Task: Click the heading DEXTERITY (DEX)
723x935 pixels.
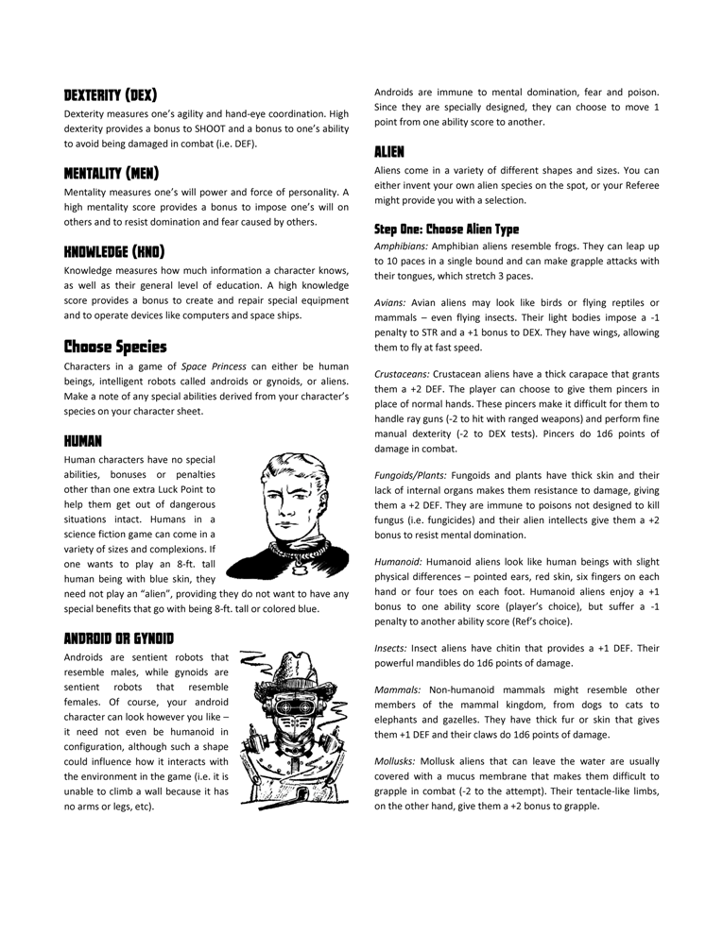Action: [110, 94]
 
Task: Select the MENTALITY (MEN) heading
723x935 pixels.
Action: [112, 173]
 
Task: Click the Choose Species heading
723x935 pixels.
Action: [115, 346]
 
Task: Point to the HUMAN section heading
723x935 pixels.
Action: [83, 441]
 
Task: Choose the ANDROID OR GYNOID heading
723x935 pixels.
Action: [118, 637]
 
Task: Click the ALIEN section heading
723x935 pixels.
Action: [390, 151]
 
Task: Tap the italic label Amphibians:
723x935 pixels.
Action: [401, 246]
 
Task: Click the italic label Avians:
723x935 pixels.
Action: [390, 302]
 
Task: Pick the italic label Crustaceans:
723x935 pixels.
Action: [405, 374]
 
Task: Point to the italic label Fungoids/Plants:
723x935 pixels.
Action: [411, 475]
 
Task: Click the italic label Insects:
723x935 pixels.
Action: [391, 649]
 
